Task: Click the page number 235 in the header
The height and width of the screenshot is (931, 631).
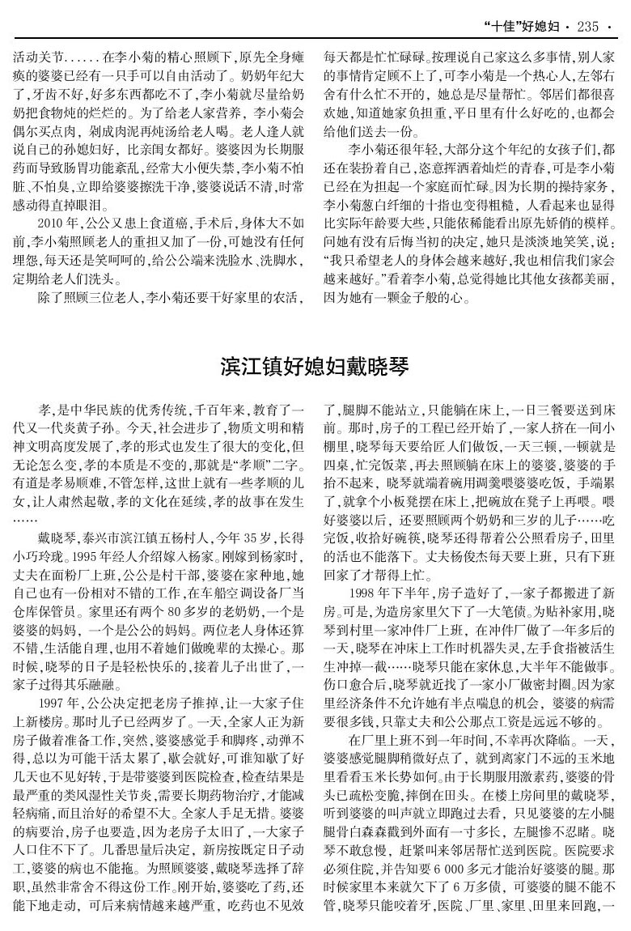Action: coord(588,26)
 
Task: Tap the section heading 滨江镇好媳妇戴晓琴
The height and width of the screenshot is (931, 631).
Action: coord(315,367)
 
